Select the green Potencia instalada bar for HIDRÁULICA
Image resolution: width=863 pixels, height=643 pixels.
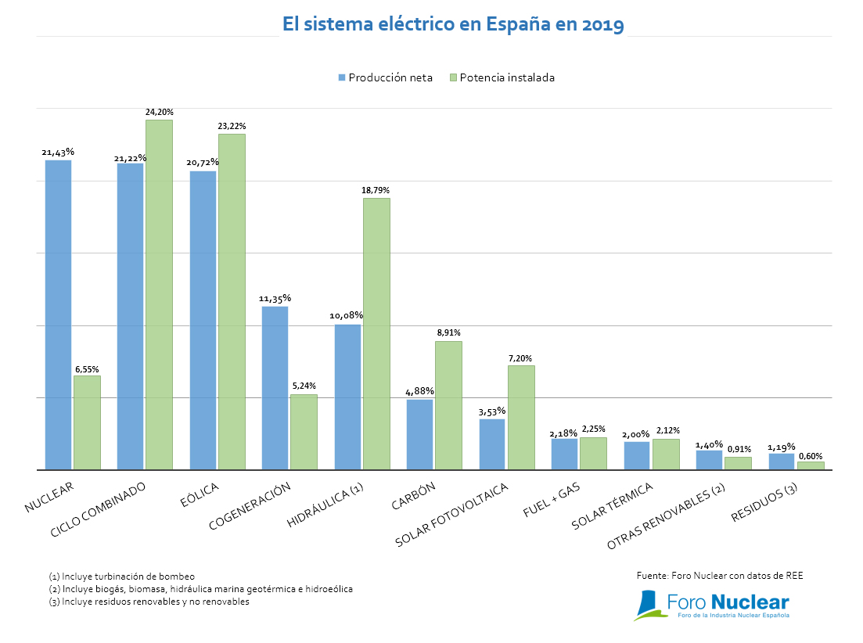click(x=376, y=333)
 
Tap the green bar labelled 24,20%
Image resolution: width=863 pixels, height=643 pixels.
click(x=159, y=294)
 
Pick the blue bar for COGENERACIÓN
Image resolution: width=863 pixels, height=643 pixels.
click(x=275, y=387)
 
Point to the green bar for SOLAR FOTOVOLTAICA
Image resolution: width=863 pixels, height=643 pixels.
click(x=521, y=417)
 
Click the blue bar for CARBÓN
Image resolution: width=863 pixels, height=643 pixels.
click(x=419, y=434)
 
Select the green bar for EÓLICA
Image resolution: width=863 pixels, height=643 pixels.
click(x=232, y=301)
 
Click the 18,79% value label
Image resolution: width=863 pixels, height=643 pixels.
click(x=376, y=190)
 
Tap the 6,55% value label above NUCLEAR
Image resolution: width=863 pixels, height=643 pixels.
click(x=87, y=368)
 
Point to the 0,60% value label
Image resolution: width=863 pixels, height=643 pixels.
click(x=810, y=455)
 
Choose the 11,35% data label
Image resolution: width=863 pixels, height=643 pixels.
click(x=275, y=298)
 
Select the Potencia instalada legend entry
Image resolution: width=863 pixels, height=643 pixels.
click(x=502, y=77)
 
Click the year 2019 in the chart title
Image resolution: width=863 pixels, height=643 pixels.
click(x=602, y=25)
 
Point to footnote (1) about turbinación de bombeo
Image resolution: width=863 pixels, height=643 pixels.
click(x=121, y=576)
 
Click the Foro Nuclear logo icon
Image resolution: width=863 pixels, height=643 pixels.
click(x=649, y=605)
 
